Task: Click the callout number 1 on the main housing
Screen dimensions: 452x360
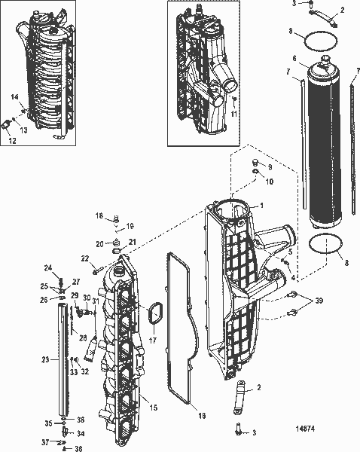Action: click(x=261, y=206)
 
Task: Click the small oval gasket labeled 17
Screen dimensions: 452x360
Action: click(x=154, y=314)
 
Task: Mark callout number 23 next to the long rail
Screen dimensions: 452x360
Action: click(x=45, y=360)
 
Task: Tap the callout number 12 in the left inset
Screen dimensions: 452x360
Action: click(x=10, y=140)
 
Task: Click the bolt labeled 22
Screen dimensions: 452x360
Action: click(x=98, y=268)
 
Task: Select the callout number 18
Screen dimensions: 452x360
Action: click(x=99, y=215)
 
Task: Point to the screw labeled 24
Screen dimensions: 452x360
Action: click(x=47, y=268)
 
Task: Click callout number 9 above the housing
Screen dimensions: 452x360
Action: click(x=270, y=166)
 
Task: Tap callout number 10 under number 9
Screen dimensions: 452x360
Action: click(x=270, y=182)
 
